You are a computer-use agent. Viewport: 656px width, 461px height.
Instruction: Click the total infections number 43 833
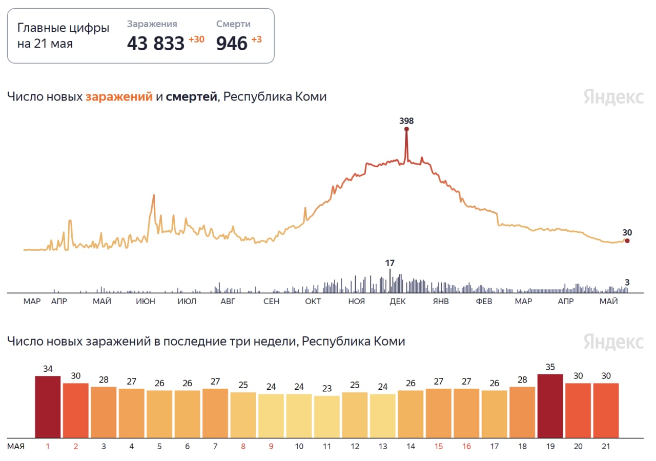tap(155, 44)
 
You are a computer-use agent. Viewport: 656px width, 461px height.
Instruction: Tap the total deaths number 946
tap(232, 44)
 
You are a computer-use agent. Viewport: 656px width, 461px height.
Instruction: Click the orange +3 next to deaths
tap(256, 39)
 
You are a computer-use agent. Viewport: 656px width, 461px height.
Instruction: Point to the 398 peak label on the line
tap(406, 121)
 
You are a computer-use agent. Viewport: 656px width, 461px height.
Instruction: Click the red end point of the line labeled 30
tap(627, 240)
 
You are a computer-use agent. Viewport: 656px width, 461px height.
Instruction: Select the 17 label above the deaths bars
tap(390, 263)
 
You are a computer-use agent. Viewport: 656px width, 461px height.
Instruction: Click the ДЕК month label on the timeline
tap(398, 302)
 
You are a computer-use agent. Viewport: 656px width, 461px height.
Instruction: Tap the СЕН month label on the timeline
tap(271, 302)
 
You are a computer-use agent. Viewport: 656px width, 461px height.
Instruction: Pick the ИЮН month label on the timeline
tap(146, 302)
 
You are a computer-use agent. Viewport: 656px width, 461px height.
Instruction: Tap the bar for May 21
tap(606, 410)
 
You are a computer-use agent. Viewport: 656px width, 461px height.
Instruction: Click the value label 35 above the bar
tap(550, 367)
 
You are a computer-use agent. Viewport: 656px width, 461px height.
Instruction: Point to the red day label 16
tap(466, 447)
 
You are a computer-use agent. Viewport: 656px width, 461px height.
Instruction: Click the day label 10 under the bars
tap(299, 447)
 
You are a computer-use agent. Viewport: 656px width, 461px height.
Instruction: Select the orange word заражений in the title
tap(119, 96)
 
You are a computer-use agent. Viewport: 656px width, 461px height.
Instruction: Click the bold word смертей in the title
tap(191, 96)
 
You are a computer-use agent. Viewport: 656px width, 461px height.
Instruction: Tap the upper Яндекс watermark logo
tap(613, 97)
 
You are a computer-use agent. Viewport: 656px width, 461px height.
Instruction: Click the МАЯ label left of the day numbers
tap(16, 447)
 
